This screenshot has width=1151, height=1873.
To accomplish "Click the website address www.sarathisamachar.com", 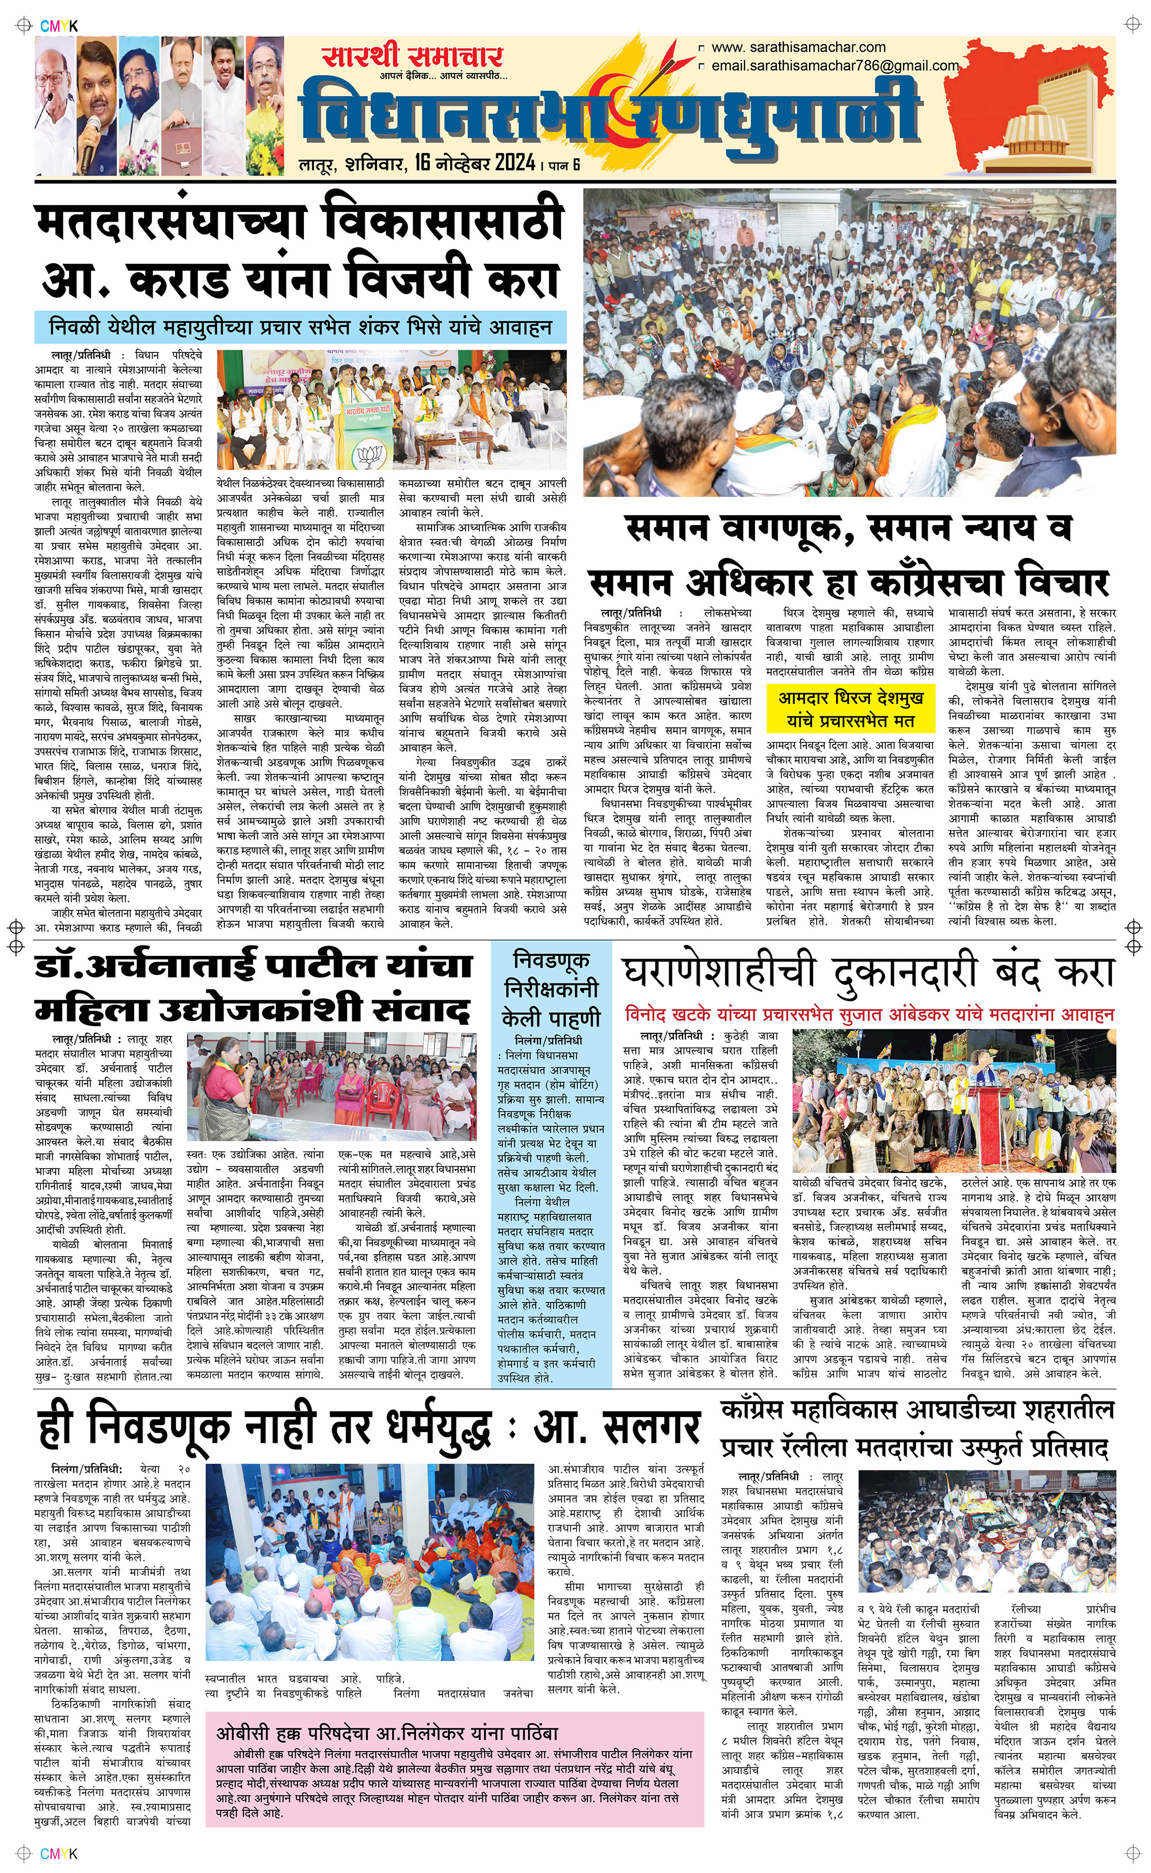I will pyautogui.click(x=798, y=47).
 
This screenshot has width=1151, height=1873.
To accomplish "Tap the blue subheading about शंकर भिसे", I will pyautogui.click(x=300, y=328).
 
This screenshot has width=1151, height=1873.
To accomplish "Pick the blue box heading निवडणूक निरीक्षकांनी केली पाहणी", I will pyautogui.click(x=551, y=987).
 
